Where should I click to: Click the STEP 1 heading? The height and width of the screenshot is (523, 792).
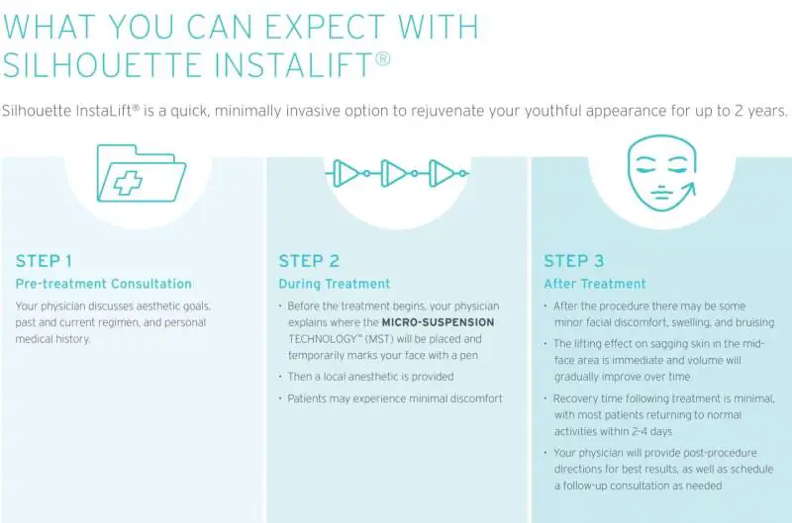point(44,261)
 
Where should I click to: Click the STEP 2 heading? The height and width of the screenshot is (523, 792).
point(309,261)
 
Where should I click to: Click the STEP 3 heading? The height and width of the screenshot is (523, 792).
point(574,261)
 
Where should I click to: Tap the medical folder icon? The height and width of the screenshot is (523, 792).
point(142,173)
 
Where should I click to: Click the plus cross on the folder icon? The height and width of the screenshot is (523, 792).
point(128,183)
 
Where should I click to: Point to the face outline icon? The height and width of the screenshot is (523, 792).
point(661,173)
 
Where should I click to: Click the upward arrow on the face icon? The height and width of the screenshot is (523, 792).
point(685,192)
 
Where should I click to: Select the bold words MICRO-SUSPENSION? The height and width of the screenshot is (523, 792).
point(438,322)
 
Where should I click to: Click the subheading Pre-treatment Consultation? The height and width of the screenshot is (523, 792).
point(104,284)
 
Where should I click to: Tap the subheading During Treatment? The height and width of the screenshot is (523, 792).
point(335,284)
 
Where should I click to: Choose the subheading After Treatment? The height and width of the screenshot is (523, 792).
point(595,284)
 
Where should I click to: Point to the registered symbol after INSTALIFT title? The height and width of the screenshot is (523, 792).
point(383,59)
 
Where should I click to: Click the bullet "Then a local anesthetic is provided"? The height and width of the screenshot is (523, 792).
point(370,377)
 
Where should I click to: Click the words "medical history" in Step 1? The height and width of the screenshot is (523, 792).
point(53,339)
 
